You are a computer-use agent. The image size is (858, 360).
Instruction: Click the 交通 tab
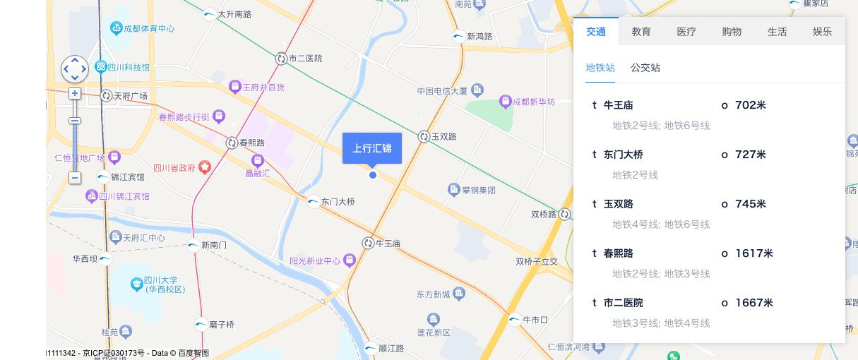(x=595, y=32)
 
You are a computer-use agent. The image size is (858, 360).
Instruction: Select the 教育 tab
(x=641, y=32)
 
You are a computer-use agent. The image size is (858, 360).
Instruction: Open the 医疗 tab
(x=686, y=32)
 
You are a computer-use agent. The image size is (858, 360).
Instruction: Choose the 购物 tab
(x=732, y=32)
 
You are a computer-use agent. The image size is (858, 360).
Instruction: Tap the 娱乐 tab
(x=822, y=32)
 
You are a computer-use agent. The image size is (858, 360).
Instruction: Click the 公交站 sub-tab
(x=645, y=68)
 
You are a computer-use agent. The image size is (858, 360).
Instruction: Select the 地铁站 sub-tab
(x=600, y=68)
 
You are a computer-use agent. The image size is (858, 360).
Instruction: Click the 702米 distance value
(x=750, y=105)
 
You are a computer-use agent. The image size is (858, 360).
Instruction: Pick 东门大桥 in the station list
(x=624, y=155)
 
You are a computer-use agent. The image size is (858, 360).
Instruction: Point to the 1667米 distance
(x=753, y=303)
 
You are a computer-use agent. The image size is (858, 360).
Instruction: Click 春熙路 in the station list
(x=619, y=253)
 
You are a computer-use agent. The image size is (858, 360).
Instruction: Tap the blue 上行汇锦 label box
(x=372, y=148)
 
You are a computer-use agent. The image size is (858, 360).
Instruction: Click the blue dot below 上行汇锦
(x=373, y=175)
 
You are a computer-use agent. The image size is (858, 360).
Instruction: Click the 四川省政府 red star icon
(x=205, y=167)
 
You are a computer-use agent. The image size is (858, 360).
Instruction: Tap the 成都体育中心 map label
(x=149, y=29)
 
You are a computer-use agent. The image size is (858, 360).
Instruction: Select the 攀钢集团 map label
(x=479, y=190)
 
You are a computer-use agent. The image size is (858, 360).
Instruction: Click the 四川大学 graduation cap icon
(x=137, y=284)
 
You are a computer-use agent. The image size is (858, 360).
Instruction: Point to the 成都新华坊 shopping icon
(x=505, y=102)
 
